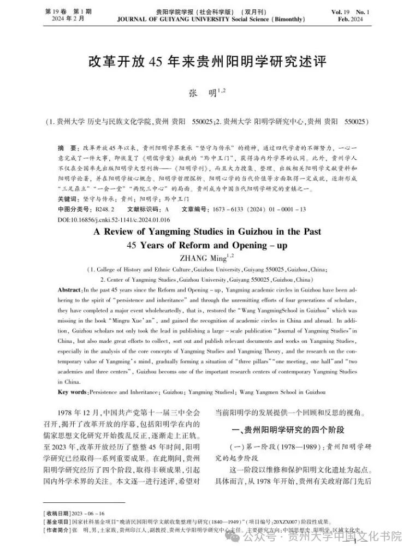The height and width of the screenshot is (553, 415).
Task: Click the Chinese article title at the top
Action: click(x=207, y=61)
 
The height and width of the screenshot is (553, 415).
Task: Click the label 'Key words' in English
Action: click(x=72, y=392)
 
